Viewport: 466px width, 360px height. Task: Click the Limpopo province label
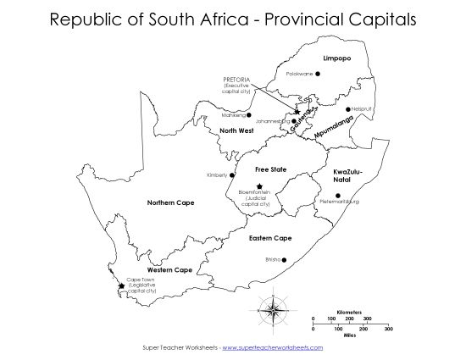(336, 58)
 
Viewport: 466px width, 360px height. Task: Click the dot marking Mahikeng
(248, 114)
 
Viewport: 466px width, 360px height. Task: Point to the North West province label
(236, 130)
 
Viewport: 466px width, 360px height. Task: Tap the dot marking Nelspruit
(347, 108)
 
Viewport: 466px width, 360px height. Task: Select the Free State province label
(271, 169)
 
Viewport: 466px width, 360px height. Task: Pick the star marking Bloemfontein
(259, 186)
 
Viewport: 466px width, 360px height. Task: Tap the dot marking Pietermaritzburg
(337, 196)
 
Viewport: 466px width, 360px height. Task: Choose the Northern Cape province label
(170, 202)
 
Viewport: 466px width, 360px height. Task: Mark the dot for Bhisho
(285, 259)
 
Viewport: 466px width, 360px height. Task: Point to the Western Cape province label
(170, 269)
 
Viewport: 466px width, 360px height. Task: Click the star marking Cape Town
(122, 286)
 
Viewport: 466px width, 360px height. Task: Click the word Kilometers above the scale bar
(349, 311)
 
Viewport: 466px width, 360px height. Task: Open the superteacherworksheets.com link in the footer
(273, 348)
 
